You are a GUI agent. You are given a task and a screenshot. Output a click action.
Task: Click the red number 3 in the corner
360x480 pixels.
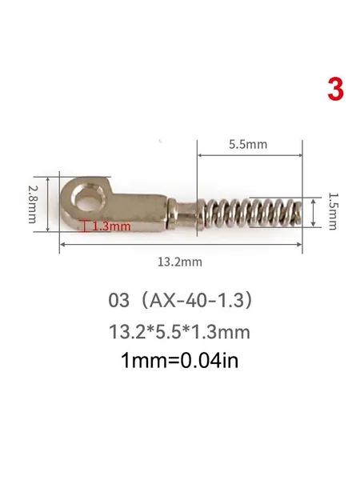click(x=335, y=89)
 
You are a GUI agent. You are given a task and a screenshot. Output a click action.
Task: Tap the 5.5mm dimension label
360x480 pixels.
click(x=248, y=144)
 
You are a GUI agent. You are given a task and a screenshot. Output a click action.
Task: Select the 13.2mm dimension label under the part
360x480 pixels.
click(x=180, y=262)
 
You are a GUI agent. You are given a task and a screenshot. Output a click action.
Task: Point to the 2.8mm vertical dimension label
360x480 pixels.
click(x=33, y=204)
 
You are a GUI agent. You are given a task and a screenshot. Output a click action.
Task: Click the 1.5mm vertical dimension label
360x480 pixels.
click(x=333, y=211)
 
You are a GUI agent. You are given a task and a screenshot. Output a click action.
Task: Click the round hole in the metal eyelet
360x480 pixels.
click(x=86, y=201)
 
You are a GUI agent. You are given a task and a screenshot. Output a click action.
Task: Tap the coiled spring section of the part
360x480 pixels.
click(x=253, y=213)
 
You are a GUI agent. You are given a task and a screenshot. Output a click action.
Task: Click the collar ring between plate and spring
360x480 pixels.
click(x=172, y=214)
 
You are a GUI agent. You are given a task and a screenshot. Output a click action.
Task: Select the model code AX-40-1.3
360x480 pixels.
click(x=196, y=300)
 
